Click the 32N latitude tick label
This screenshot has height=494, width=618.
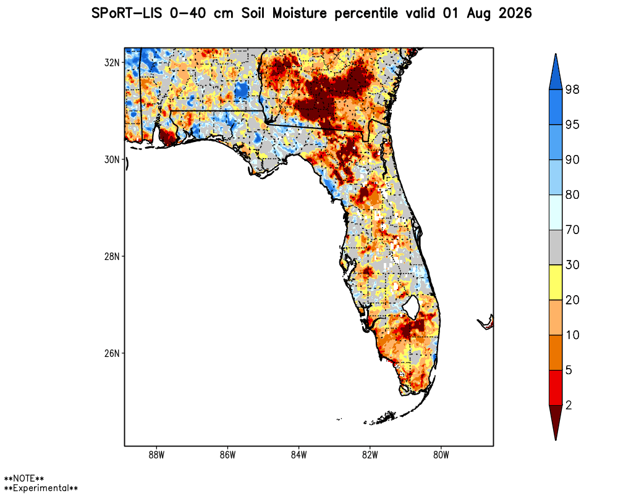coord(111,62)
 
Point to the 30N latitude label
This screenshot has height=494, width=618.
coord(111,159)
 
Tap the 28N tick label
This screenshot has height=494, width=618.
coord(111,256)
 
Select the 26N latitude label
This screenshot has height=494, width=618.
coord(111,353)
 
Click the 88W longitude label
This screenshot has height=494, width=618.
coord(156,455)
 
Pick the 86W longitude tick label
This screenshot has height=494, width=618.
coord(227,455)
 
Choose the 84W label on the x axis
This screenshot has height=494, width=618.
coord(298,455)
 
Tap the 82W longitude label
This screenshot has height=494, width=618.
coord(370,455)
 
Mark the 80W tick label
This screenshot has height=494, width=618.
coord(441,455)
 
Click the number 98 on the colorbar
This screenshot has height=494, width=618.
coord(572,90)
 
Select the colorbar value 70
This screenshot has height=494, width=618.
coord(572,230)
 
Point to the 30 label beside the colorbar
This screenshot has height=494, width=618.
coord(572,265)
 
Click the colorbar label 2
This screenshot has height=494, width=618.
coord(569,405)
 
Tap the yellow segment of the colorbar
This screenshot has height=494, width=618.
coord(556,282)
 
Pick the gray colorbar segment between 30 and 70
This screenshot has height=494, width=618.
coord(556,248)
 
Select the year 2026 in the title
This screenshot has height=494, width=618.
coord(515,14)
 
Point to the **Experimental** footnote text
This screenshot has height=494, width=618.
coord(41,488)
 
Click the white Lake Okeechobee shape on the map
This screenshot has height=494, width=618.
coord(412,306)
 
